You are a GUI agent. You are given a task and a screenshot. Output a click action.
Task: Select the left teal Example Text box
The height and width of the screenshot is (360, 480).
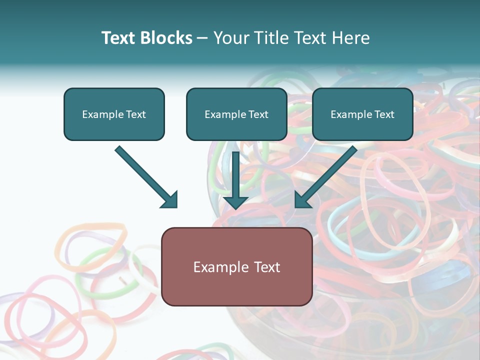pyautogui.click(x=114, y=114)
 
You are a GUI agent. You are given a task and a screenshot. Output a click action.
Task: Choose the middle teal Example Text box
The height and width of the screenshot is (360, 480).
pyautogui.click(x=236, y=114)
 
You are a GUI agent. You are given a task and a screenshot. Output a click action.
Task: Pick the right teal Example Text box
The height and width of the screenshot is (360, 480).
pyautogui.click(x=362, y=114)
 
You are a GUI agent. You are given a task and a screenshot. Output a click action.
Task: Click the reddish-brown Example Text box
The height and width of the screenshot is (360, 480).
pyautogui.click(x=236, y=266)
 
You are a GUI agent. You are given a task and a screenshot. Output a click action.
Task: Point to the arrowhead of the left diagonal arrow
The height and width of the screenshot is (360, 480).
pyautogui.click(x=170, y=200)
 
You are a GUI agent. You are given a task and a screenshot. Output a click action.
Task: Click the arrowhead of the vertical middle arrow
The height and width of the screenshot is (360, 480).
pyautogui.click(x=236, y=202)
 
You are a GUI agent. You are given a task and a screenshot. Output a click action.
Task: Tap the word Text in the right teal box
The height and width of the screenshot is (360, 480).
pyautogui.click(x=384, y=114)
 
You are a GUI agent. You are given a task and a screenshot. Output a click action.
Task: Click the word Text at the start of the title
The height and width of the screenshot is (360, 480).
pyautogui.click(x=119, y=38)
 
